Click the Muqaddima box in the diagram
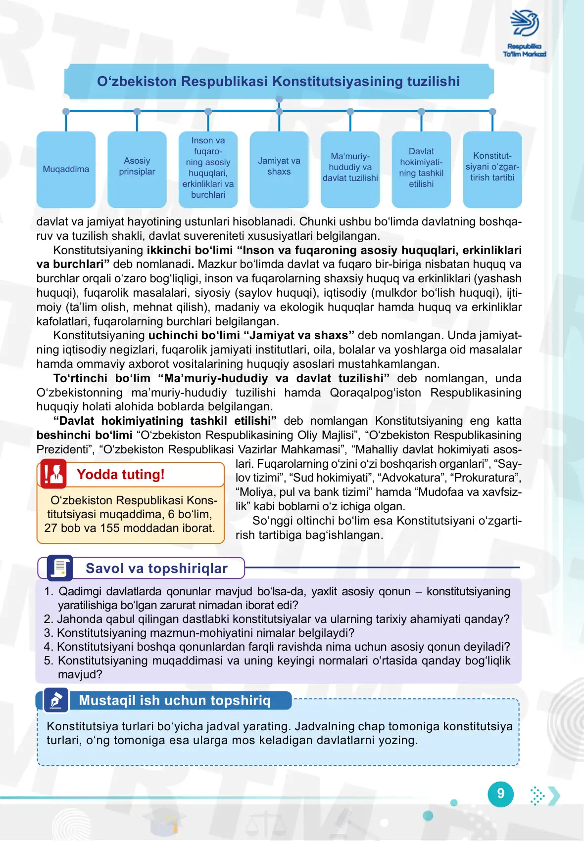coord(66,170)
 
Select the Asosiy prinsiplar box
coord(137,170)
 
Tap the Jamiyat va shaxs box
coord(279,170)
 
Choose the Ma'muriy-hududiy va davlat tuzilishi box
coord(350,170)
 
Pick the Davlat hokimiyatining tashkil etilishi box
coord(421,170)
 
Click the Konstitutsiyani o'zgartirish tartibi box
coord(492,170)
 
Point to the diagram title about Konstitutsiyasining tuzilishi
coord(279,82)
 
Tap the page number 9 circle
coord(501,794)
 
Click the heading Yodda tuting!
coord(121,475)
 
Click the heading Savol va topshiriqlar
coord(156,569)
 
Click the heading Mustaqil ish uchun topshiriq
coord(175,701)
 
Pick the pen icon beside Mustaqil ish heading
coord(56,700)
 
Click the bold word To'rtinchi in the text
coord(80,379)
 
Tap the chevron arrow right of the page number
coord(555,796)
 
